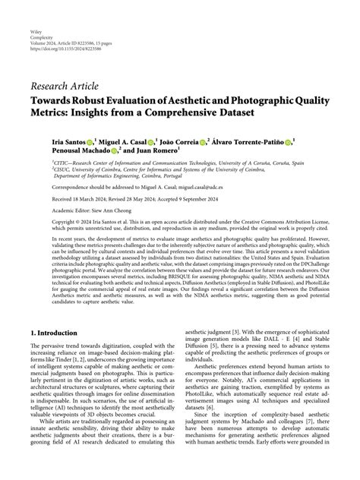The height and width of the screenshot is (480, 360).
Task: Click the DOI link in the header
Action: point(84,34)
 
